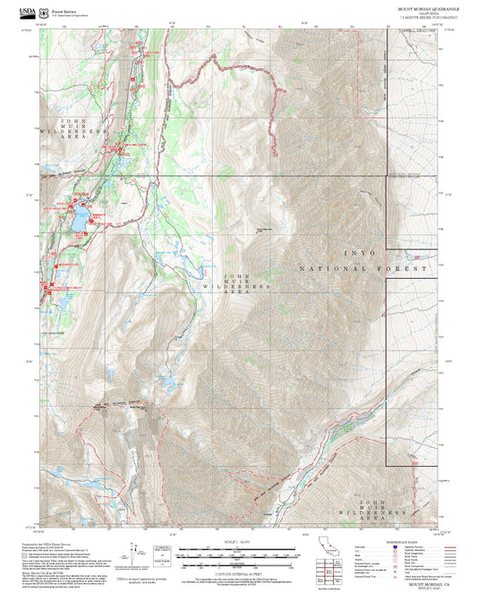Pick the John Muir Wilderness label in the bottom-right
click(384, 512)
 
